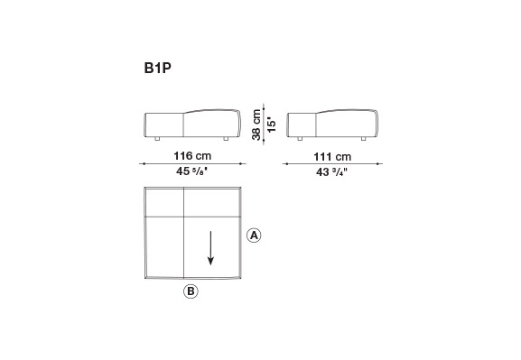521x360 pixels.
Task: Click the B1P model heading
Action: click(x=158, y=68)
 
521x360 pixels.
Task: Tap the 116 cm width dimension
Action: click(x=192, y=156)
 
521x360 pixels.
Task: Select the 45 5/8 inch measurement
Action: click(x=192, y=171)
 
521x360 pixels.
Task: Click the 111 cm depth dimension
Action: click(x=332, y=157)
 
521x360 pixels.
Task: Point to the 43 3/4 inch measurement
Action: click(x=331, y=172)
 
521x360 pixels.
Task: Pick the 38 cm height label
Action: click(x=256, y=125)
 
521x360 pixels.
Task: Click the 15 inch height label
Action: click(x=272, y=125)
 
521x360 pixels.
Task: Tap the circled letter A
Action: click(x=254, y=235)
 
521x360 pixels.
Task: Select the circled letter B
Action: click(x=191, y=291)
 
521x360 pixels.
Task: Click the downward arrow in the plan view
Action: click(x=210, y=248)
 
